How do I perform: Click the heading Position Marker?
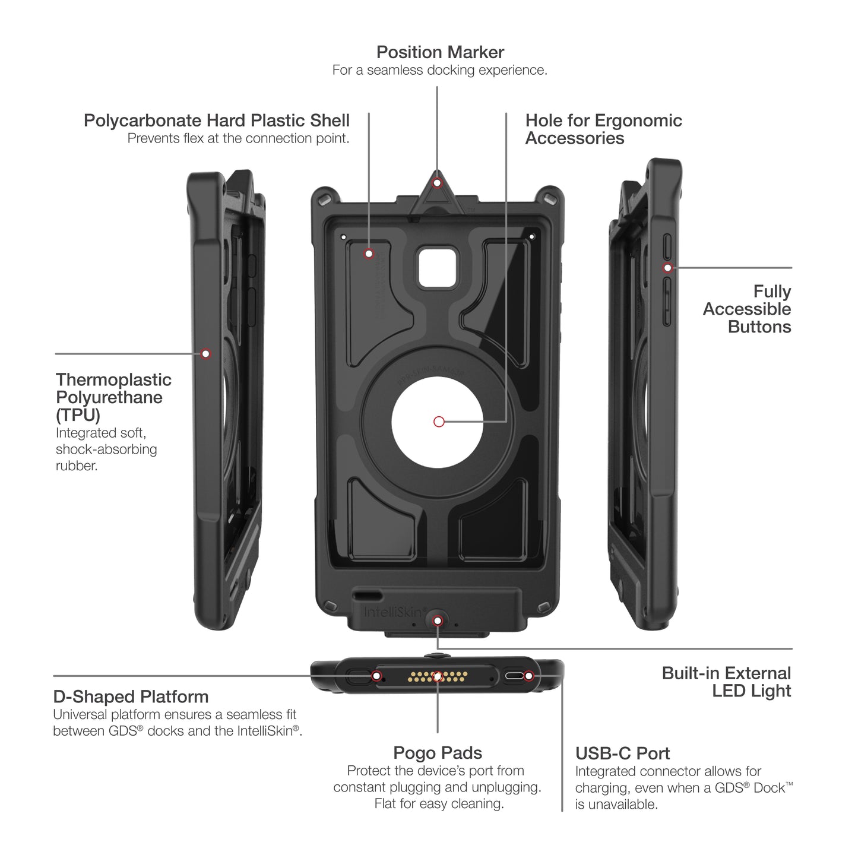(x=440, y=52)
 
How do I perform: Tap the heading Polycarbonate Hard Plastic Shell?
(x=216, y=121)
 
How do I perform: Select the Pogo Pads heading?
(x=438, y=753)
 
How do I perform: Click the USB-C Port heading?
(x=622, y=753)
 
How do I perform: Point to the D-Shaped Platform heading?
(x=131, y=696)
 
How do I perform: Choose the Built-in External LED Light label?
(x=727, y=682)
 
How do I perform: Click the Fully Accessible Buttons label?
(x=748, y=309)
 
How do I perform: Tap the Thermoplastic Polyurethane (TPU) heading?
(x=113, y=397)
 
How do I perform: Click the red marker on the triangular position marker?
(x=437, y=183)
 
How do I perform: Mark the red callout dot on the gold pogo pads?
(x=438, y=676)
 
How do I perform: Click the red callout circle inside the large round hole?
(x=439, y=422)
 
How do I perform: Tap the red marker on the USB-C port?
(x=528, y=676)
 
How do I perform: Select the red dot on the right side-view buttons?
(x=667, y=268)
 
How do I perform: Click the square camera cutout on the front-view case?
(x=439, y=268)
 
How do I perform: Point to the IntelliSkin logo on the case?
(x=394, y=612)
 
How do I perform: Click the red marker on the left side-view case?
(x=205, y=354)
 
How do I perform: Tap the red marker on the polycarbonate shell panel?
(x=369, y=254)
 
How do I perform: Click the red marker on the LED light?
(x=438, y=621)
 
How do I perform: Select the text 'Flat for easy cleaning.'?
(x=439, y=804)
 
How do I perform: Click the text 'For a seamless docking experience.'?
(x=439, y=70)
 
